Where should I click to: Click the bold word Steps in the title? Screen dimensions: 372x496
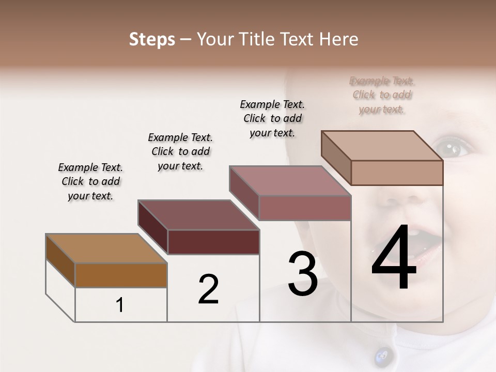coord(152,39)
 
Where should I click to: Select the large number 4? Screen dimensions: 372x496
coord(394,258)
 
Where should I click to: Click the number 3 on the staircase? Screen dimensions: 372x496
coord(302,274)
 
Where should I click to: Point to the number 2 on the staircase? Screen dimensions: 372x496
coord(208,289)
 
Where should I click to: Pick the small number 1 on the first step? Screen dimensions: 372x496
coord(119,305)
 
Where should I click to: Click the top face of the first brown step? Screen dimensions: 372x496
coord(106,249)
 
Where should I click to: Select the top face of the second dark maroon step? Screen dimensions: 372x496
coord(198,215)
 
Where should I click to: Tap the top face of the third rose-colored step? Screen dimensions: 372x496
coord(290,181)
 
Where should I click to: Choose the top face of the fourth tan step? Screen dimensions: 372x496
coord(382,146)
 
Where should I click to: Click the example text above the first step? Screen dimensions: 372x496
coord(90,181)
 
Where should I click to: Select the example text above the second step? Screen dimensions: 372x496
coord(180,151)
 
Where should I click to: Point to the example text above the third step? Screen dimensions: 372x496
coord(272,118)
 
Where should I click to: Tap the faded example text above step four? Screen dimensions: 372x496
coord(382,95)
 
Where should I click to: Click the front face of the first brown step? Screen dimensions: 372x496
coord(121,275)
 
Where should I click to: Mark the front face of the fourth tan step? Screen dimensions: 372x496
coord(397,173)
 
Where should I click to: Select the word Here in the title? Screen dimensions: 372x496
coord(339,39)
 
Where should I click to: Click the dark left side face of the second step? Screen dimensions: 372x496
coord(153,227)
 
